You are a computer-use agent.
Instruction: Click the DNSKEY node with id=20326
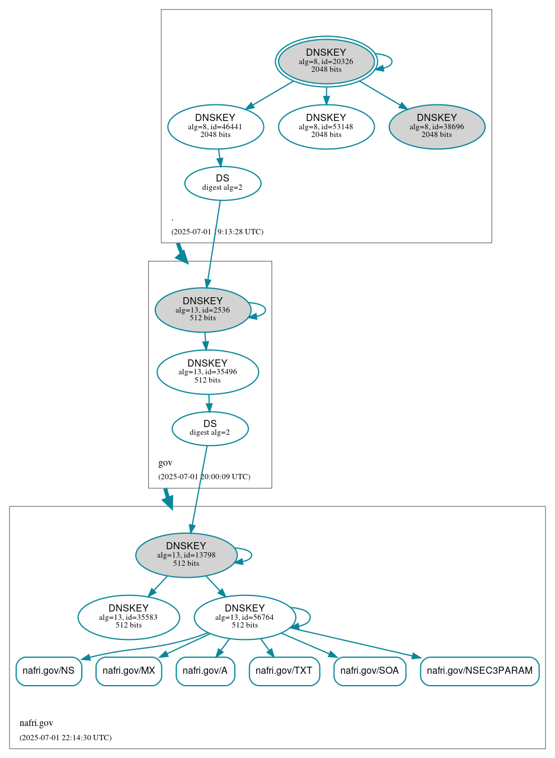tap(326, 61)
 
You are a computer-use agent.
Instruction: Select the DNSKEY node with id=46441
tap(215, 126)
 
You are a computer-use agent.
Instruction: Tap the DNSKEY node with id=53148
tap(326, 126)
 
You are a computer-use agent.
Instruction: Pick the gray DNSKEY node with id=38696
tap(436, 126)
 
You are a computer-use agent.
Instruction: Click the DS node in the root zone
tap(222, 183)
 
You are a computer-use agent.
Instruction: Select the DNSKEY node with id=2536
tap(203, 310)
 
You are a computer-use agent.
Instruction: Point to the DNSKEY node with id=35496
tap(208, 372)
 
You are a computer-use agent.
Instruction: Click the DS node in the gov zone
tap(210, 428)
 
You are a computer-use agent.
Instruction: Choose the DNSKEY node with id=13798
tap(186, 555)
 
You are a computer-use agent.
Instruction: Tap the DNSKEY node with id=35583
tap(129, 617)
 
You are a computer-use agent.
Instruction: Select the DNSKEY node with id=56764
tap(244, 617)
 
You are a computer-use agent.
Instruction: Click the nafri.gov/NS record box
tap(49, 671)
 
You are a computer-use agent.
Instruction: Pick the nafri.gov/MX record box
tap(129, 671)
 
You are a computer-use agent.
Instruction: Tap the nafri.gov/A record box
tap(205, 671)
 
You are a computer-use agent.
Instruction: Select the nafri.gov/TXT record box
tap(284, 671)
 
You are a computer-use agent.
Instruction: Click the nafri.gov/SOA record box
tap(370, 671)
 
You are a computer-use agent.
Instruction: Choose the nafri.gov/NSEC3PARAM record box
tap(480, 671)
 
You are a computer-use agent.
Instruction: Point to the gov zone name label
tap(165, 463)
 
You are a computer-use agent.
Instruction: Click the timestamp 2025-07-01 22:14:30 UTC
tap(65, 737)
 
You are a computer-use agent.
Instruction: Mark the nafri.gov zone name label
tap(36, 723)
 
